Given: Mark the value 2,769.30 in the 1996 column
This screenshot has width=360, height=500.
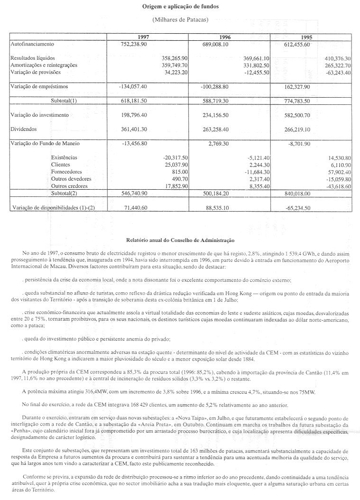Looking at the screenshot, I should pos(219,143).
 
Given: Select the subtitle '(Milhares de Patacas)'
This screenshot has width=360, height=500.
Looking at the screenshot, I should pos(180,19).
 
